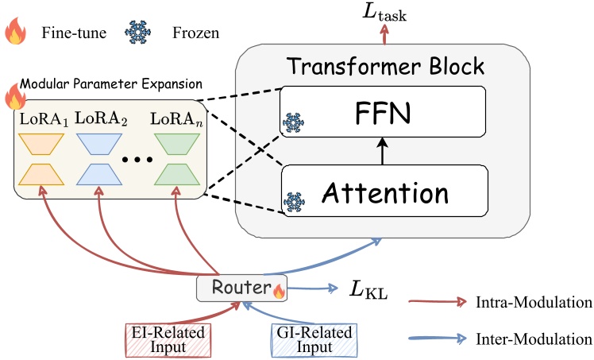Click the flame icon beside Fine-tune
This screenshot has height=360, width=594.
(x=16, y=35)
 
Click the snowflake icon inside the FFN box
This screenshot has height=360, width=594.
(x=293, y=124)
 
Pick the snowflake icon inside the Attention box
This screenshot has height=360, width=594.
(x=293, y=201)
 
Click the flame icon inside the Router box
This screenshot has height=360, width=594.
(x=278, y=292)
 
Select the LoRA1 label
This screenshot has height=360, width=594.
(x=43, y=119)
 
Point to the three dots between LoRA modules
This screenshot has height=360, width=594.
(x=137, y=159)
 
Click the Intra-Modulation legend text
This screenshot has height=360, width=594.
(x=536, y=302)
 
